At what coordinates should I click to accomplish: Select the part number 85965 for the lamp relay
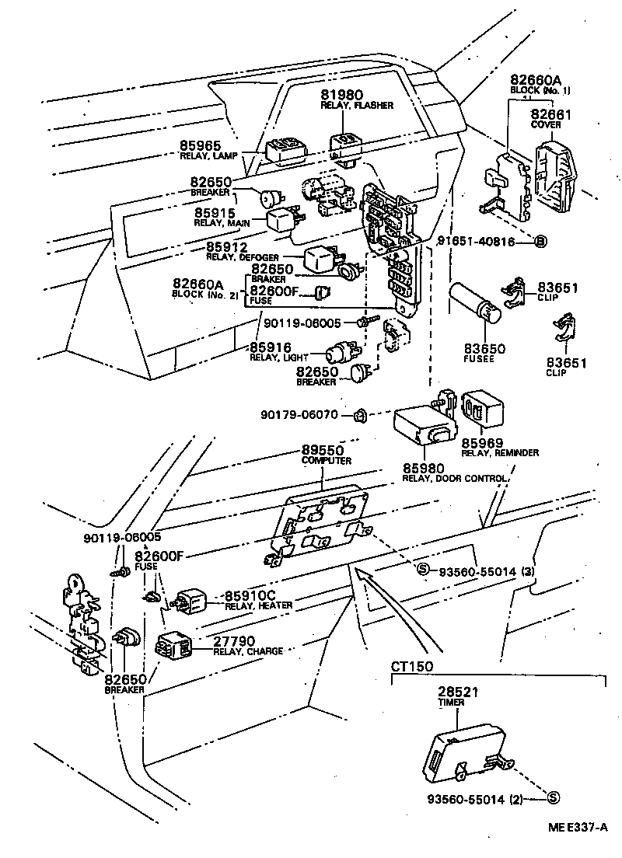point(201,145)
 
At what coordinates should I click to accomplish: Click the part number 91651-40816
point(485,241)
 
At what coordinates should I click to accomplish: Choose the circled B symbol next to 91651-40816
point(541,242)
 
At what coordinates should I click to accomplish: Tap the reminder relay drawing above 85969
point(484,409)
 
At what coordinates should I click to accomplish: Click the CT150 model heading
point(412,666)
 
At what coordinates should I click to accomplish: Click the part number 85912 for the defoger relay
point(227,248)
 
